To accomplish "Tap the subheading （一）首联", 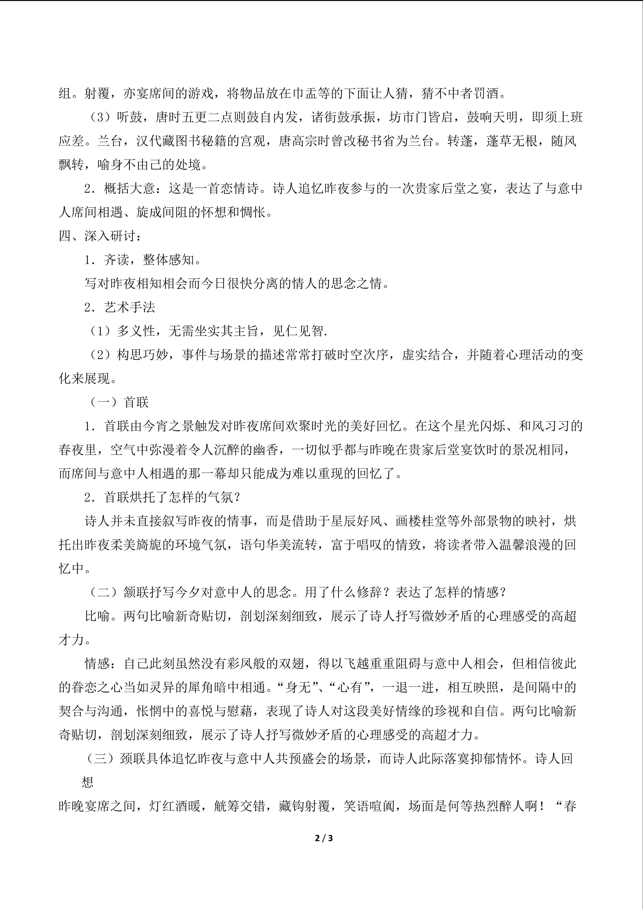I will coord(118,402).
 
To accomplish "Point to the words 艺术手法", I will coord(130,307).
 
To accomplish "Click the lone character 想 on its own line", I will coord(87,782).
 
